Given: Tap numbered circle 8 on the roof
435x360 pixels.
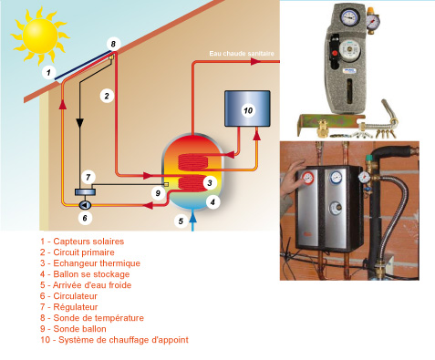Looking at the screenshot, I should [x=112, y=44].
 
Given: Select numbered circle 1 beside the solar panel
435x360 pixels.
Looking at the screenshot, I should [x=48, y=71].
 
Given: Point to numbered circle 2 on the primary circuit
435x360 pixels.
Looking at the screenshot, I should [x=107, y=94].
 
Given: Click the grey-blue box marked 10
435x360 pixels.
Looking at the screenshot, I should [x=247, y=111].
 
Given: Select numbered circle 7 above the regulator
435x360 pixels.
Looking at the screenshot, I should [x=88, y=176].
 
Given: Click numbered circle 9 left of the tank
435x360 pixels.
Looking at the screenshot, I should [x=157, y=193].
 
